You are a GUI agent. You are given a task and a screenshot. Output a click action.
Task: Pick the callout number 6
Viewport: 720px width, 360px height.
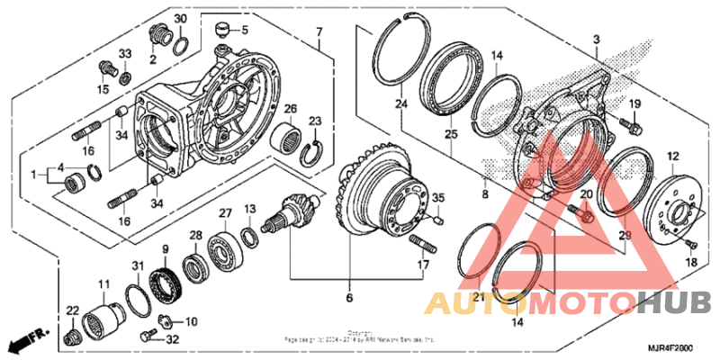pyautogui.click(x=348, y=297)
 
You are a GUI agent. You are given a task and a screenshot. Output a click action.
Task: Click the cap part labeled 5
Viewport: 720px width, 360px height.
pyautogui.click(x=221, y=35)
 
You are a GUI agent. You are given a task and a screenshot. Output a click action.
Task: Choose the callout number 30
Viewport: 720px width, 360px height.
pyautogui.click(x=180, y=20)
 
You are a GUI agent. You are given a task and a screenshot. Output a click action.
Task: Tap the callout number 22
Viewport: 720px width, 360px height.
pyautogui.click(x=73, y=310)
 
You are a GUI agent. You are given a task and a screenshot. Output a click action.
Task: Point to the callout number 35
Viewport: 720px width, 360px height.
pyautogui.click(x=437, y=198)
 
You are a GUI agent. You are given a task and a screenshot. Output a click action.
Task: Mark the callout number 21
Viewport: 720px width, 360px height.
pyautogui.click(x=479, y=297)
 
